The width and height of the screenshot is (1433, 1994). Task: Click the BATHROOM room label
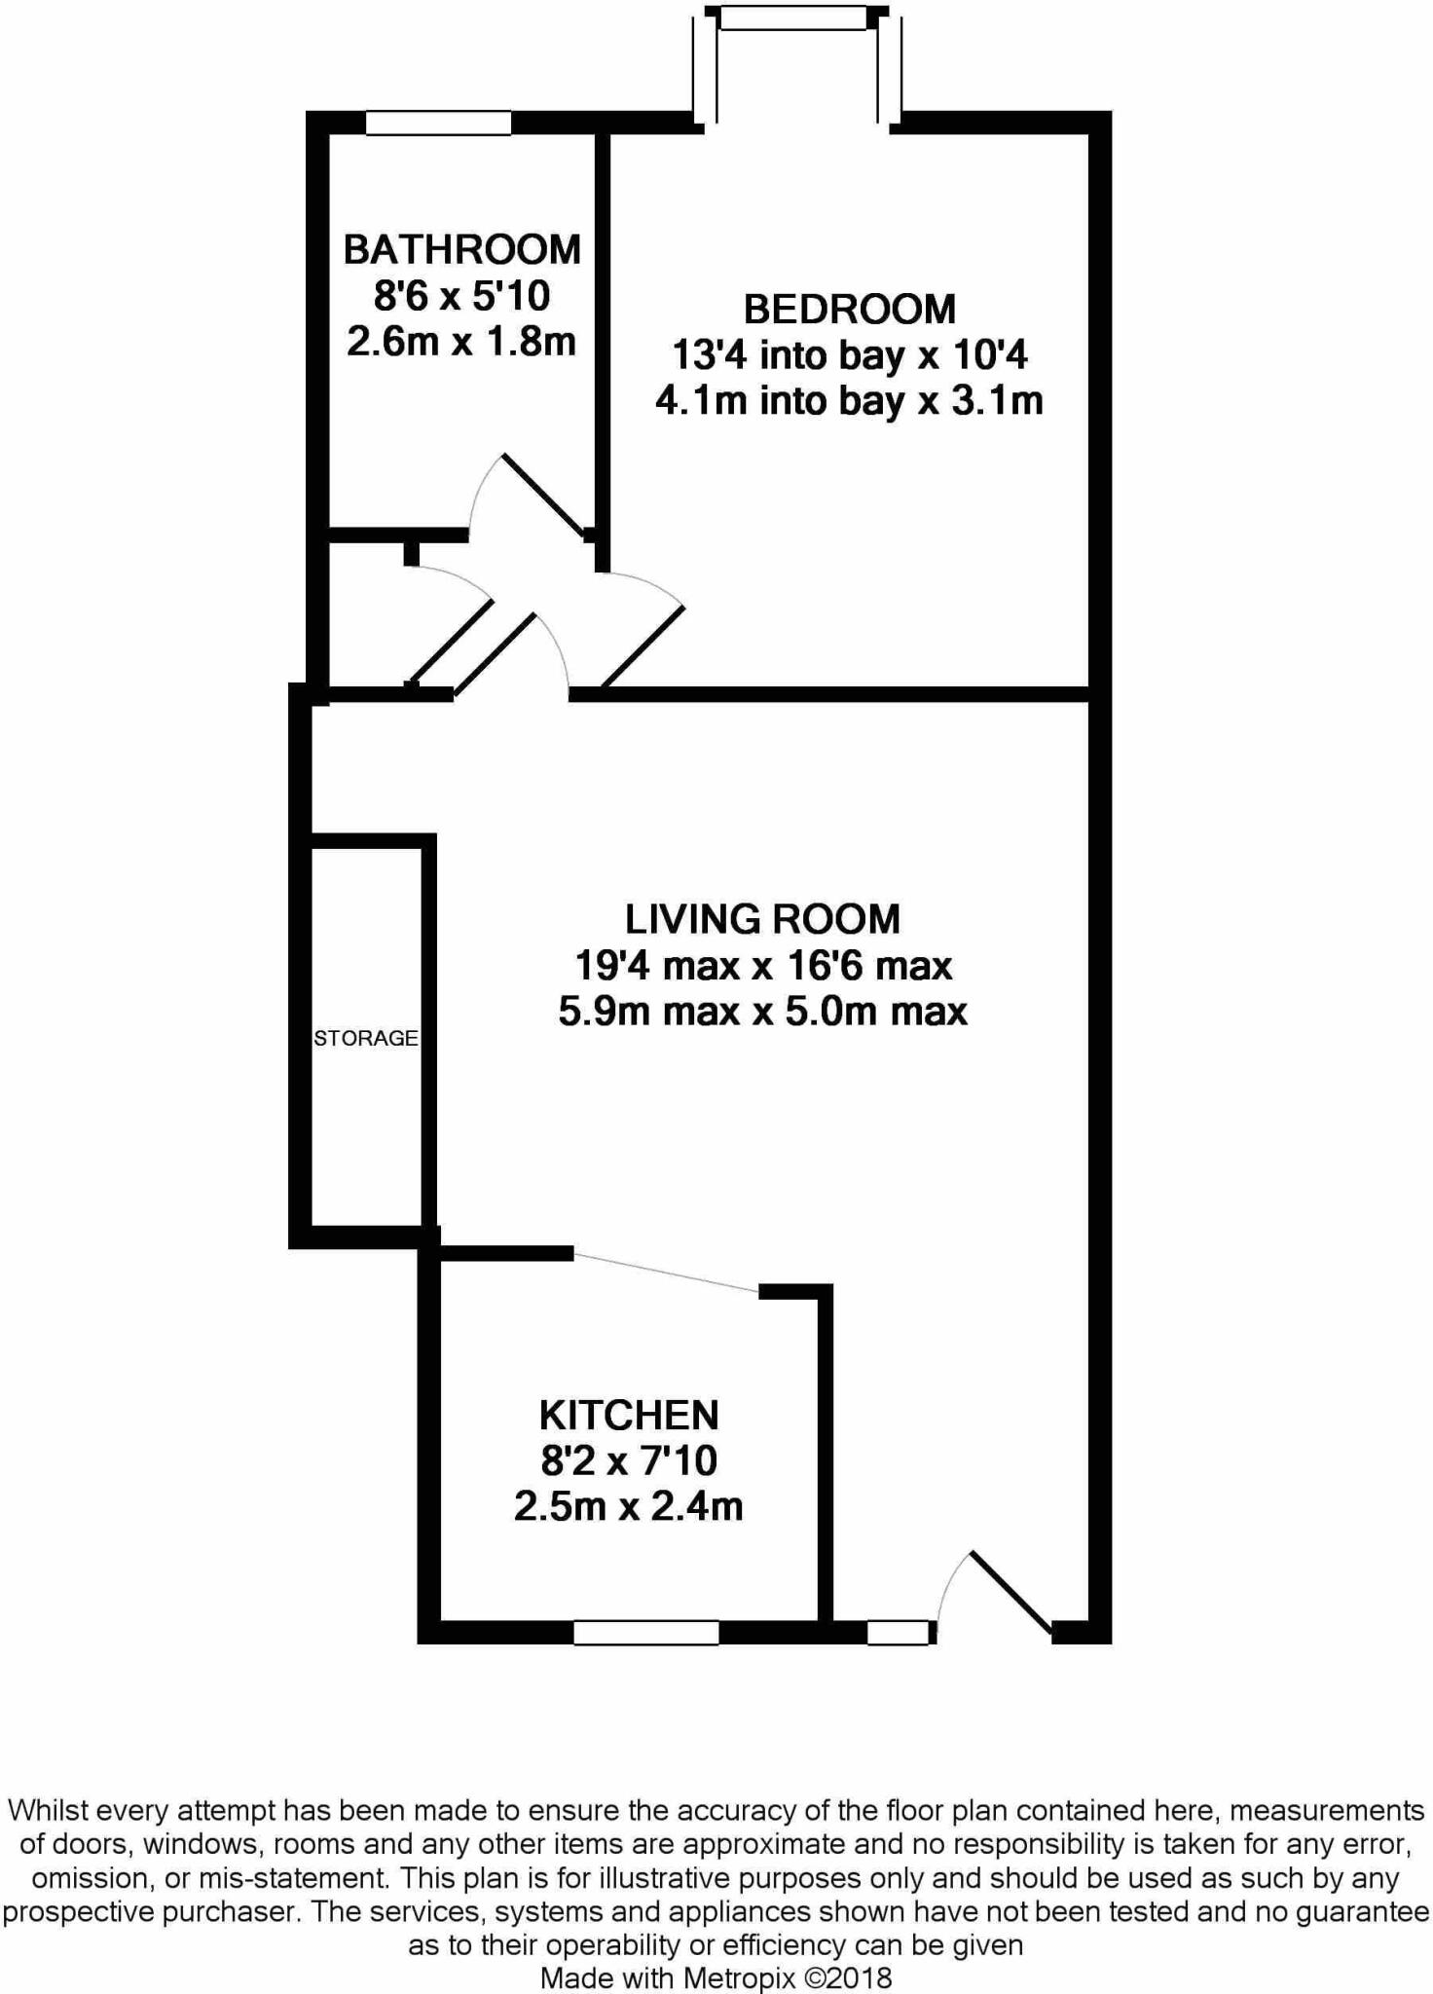coord(461,250)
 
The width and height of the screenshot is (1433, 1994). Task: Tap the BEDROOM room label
coord(849,310)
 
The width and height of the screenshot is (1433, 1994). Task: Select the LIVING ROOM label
coord(762,919)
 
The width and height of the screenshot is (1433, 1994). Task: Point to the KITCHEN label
coord(629,1415)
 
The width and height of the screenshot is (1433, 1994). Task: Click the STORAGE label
coord(365,1038)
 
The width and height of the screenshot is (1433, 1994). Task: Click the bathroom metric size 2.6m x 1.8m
coord(461,342)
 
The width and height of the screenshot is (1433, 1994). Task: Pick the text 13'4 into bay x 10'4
coord(849,355)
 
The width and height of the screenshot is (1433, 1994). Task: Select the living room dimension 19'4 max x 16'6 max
coord(762,966)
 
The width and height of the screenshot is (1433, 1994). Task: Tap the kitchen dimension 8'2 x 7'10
coord(629,1460)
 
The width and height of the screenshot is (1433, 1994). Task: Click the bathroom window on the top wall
coord(438,123)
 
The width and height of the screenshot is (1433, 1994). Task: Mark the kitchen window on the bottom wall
coord(645,1633)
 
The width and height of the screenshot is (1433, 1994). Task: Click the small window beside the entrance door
coord(898,1633)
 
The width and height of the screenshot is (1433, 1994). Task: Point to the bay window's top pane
coord(792,18)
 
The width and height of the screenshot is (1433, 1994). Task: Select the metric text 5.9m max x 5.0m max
coord(762,1012)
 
